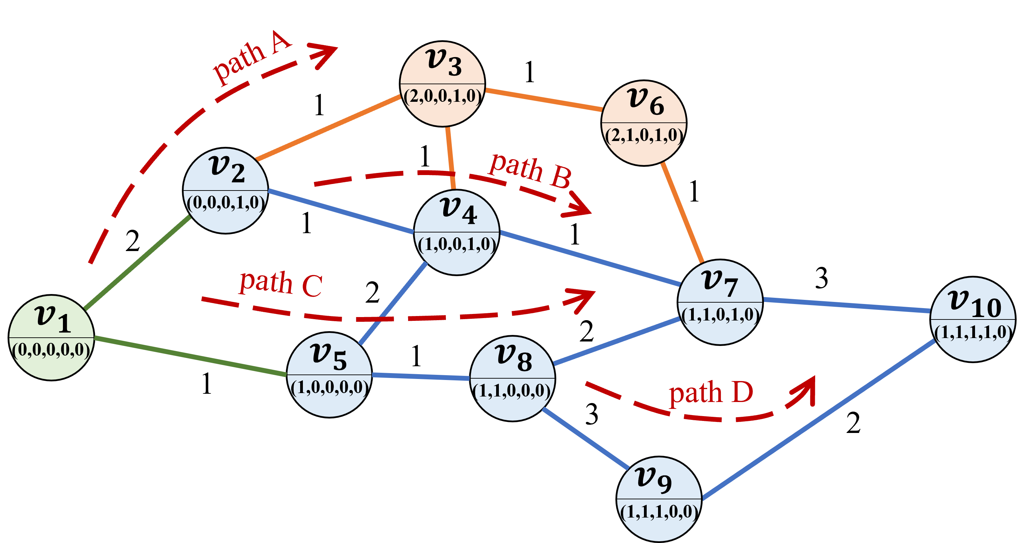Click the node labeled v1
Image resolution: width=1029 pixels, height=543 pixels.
pos(51,338)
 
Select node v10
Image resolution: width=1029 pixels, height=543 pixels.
pos(973,319)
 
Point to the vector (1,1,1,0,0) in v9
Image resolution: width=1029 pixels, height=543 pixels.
pos(659,512)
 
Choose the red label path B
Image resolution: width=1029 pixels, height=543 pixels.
pos(530,171)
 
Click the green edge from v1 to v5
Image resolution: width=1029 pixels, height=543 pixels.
pos(190,356)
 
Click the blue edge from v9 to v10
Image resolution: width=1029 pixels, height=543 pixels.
pos(819,420)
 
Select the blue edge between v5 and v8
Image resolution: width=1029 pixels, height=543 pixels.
pos(420,376)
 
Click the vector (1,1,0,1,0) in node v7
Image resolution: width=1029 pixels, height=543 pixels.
pos(720,315)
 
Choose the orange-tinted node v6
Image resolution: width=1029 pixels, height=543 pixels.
pos(644,123)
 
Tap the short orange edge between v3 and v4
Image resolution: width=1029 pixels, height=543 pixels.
pos(451,158)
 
